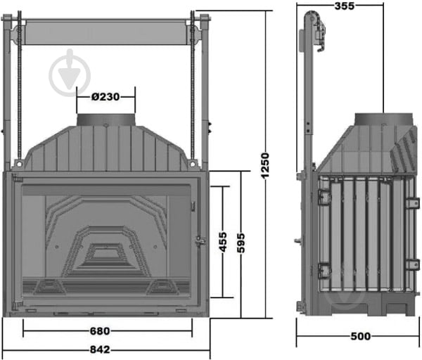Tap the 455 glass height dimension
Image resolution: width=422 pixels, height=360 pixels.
[222, 241]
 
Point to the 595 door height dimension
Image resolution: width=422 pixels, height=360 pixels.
[241, 241]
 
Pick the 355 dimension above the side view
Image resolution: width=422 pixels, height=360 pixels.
[344, 6]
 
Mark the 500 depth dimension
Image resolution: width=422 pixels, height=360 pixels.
[359, 337]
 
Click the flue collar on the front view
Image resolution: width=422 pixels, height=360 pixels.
[105, 120]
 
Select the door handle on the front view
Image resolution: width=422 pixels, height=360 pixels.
[200, 241]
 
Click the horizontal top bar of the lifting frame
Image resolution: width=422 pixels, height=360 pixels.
[105, 33]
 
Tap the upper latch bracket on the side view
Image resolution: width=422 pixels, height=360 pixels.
[324, 198]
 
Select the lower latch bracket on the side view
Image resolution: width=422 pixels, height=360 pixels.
[324, 269]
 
